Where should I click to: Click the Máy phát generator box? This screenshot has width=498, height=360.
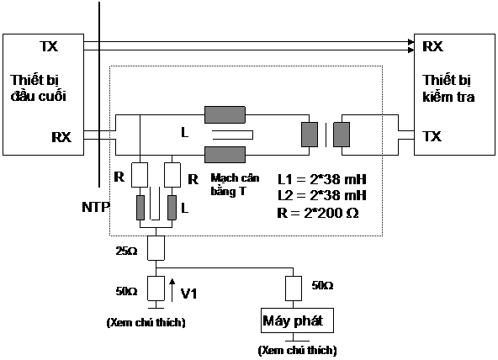point(297,320)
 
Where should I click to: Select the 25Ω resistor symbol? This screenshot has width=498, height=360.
point(156,248)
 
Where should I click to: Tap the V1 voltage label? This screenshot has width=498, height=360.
point(189,294)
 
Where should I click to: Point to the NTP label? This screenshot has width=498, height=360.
point(96,207)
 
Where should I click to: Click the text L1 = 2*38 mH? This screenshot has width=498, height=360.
point(322,179)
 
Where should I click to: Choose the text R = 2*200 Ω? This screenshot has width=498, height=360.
point(318,213)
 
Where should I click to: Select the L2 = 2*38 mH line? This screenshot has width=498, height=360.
point(322,195)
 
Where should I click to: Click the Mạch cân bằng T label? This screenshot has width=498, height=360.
point(235,185)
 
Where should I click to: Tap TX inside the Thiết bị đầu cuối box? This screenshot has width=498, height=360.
point(49,46)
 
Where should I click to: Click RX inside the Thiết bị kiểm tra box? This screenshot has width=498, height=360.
point(432,46)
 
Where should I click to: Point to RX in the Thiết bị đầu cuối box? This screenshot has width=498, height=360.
point(61,137)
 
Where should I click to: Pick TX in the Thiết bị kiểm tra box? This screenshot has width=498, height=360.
point(432,136)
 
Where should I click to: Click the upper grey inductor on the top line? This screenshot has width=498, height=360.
point(225,114)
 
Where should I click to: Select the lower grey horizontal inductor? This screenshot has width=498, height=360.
point(225,155)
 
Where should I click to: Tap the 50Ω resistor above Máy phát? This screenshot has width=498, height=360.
point(294,289)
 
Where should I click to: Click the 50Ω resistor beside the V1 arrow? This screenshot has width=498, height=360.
point(156,289)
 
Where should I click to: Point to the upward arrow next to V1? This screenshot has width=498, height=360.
point(172,290)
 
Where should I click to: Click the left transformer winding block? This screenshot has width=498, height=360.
point(310,135)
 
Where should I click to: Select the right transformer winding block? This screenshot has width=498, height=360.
point(342,135)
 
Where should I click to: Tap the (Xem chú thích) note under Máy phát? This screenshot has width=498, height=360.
point(297,350)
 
